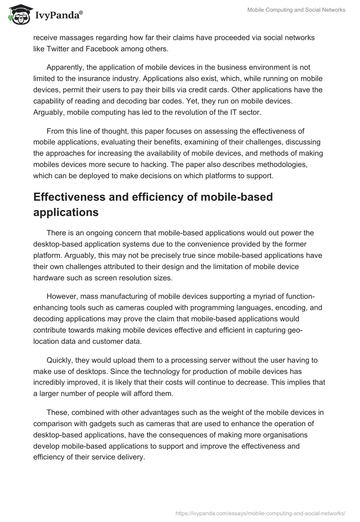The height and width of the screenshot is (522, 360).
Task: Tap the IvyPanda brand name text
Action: pos(58,16)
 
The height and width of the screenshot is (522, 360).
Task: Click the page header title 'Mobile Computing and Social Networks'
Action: pos(297,10)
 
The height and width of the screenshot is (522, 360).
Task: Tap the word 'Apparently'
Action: pos(67,67)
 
